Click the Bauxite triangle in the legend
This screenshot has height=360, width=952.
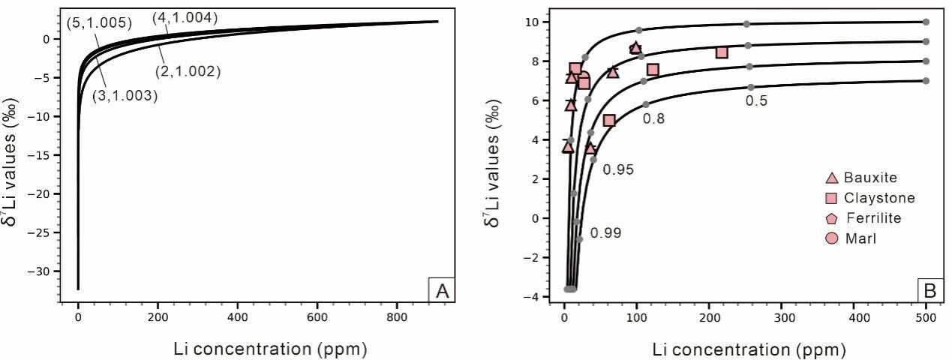pos(831,178)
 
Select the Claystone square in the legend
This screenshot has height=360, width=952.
pos(831,198)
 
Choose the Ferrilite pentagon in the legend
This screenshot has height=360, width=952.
pos(831,218)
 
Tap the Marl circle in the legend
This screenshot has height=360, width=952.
pos(831,238)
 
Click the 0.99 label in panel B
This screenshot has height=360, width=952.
pos(605,233)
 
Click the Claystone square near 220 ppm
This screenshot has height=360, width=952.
pos(722,52)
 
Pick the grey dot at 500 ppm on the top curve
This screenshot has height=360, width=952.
pos(926,22)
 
